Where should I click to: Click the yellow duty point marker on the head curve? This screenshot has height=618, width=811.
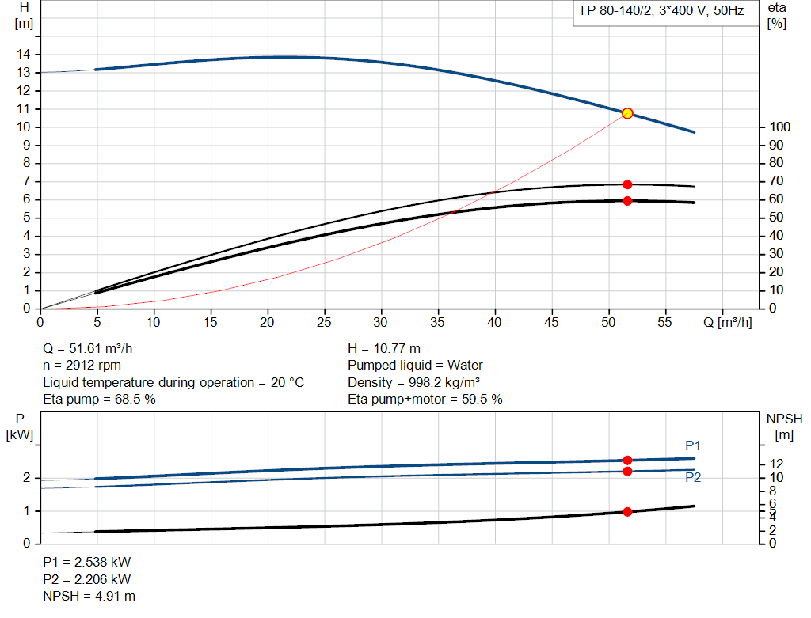[627, 113]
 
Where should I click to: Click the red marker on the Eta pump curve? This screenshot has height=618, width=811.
[627, 184]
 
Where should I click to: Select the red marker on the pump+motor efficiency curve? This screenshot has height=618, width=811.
[627, 200]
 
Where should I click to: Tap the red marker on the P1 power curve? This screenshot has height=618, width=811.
[627, 460]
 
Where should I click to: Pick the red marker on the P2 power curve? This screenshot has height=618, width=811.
[627, 471]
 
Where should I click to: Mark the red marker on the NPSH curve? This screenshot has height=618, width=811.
[627, 511]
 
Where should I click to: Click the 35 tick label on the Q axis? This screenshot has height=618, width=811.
[438, 322]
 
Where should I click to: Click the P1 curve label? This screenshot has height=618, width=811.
[693, 446]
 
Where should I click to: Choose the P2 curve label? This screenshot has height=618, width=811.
[693, 477]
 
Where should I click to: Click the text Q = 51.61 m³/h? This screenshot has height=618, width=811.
[93, 349]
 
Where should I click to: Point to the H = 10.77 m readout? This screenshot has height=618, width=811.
[384, 349]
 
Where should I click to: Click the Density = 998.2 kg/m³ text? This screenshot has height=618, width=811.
[415, 382]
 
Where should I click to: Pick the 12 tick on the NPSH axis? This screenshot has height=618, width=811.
[777, 463]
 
